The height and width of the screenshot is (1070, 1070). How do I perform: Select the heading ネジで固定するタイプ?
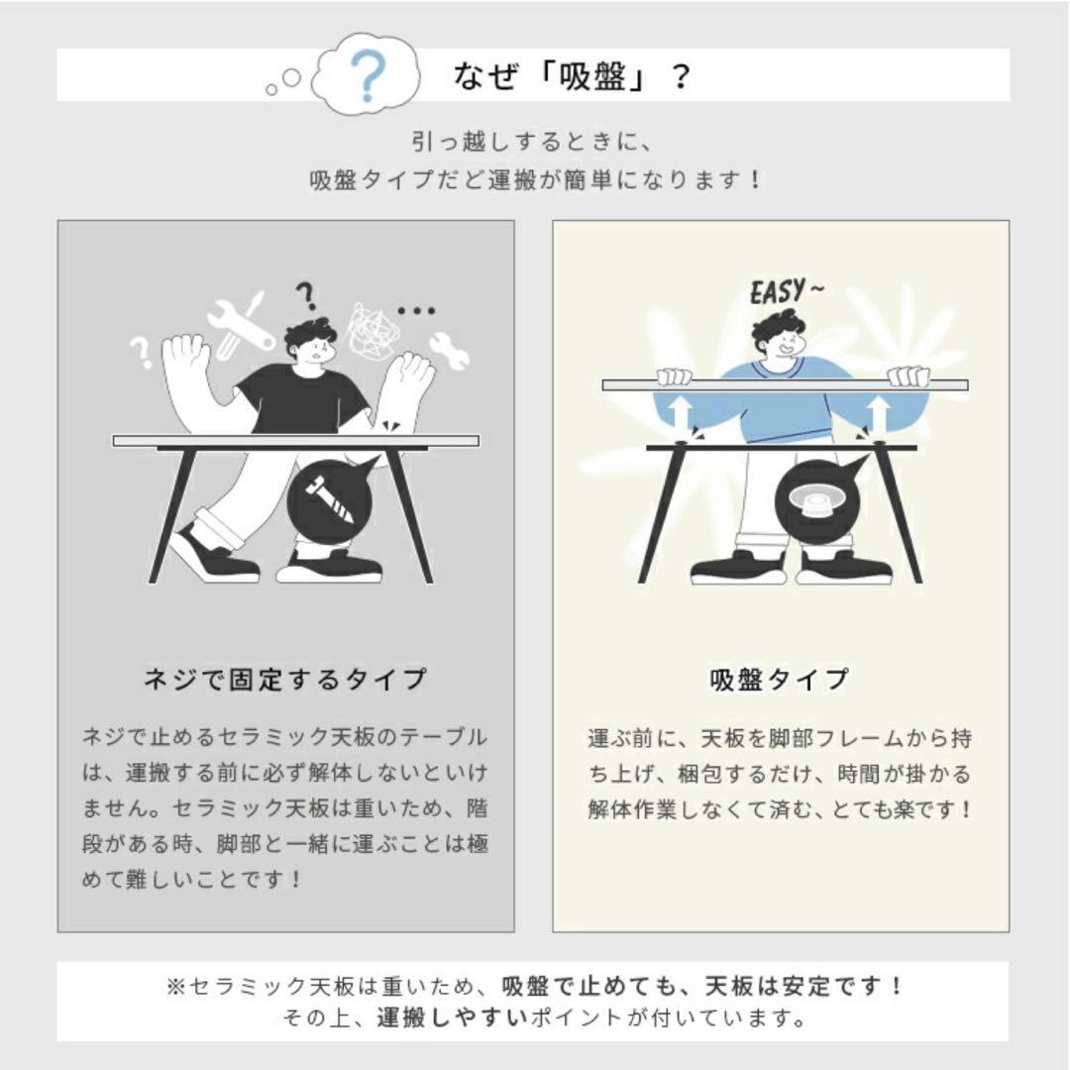coord(284,680)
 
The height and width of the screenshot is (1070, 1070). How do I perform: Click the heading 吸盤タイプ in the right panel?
coord(780,680)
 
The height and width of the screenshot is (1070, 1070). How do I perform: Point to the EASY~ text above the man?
coord(786,292)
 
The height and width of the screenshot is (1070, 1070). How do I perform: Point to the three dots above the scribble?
coord(416,310)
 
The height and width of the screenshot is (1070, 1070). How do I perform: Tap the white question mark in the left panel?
coord(142,352)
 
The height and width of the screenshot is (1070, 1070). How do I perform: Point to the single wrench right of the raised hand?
coord(449,349)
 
